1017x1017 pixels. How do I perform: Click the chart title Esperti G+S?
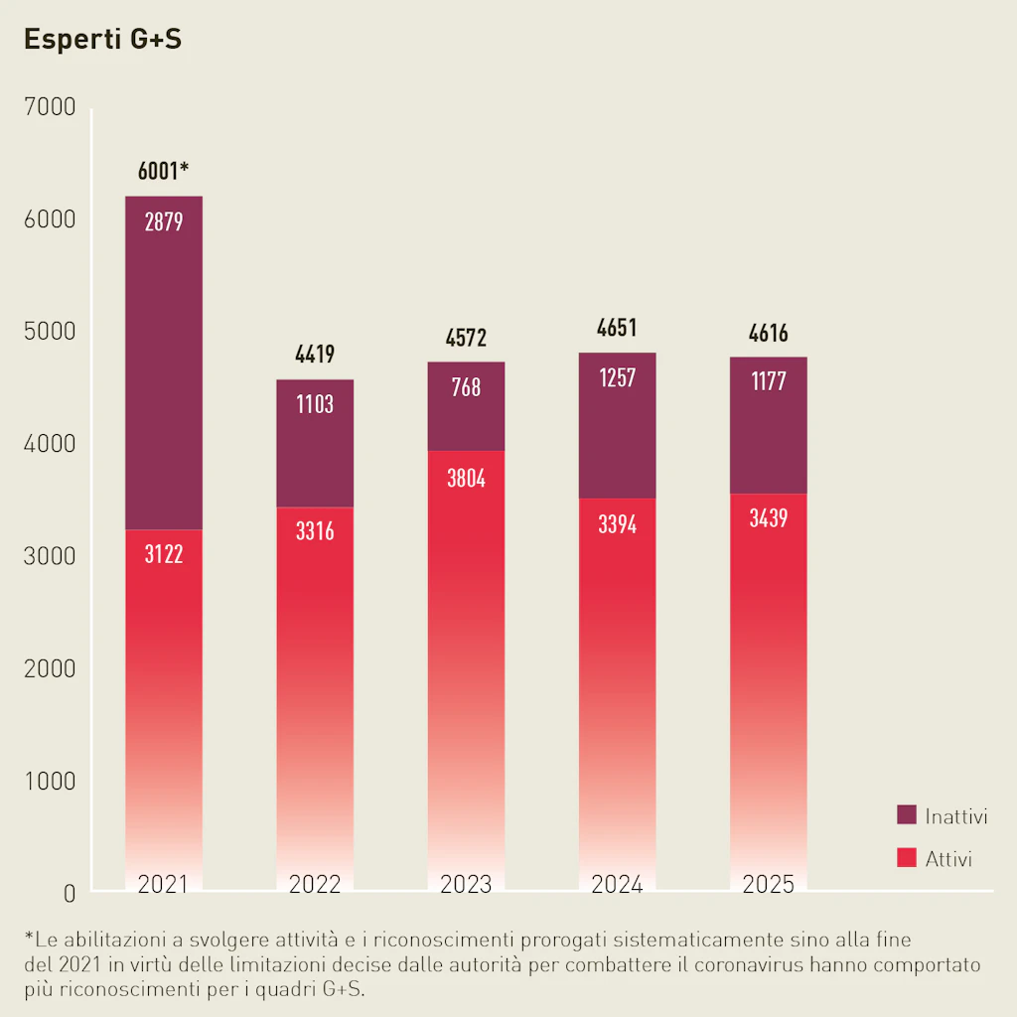click(x=102, y=41)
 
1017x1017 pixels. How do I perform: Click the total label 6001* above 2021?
click(x=163, y=171)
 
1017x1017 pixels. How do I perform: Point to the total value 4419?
click(x=315, y=354)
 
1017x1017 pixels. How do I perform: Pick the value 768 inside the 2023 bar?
click(x=466, y=386)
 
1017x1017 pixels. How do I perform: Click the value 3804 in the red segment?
click(x=466, y=479)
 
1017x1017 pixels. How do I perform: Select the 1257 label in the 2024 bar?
click(x=617, y=378)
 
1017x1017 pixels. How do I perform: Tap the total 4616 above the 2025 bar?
click(x=768, y=334)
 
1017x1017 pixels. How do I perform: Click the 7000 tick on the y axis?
click(x=48, y=107)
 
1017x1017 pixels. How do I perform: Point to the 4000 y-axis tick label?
click(x=48, y=444)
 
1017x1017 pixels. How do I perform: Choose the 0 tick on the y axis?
click(x=69, y=893)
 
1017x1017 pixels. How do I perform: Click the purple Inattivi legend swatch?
click(x=906, y=815)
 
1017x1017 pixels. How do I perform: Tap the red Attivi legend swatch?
click(x=906, y=857)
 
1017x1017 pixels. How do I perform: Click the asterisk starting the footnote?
click(x=29, y=937)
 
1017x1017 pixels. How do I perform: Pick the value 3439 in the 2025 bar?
click(x=768, y=518)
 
